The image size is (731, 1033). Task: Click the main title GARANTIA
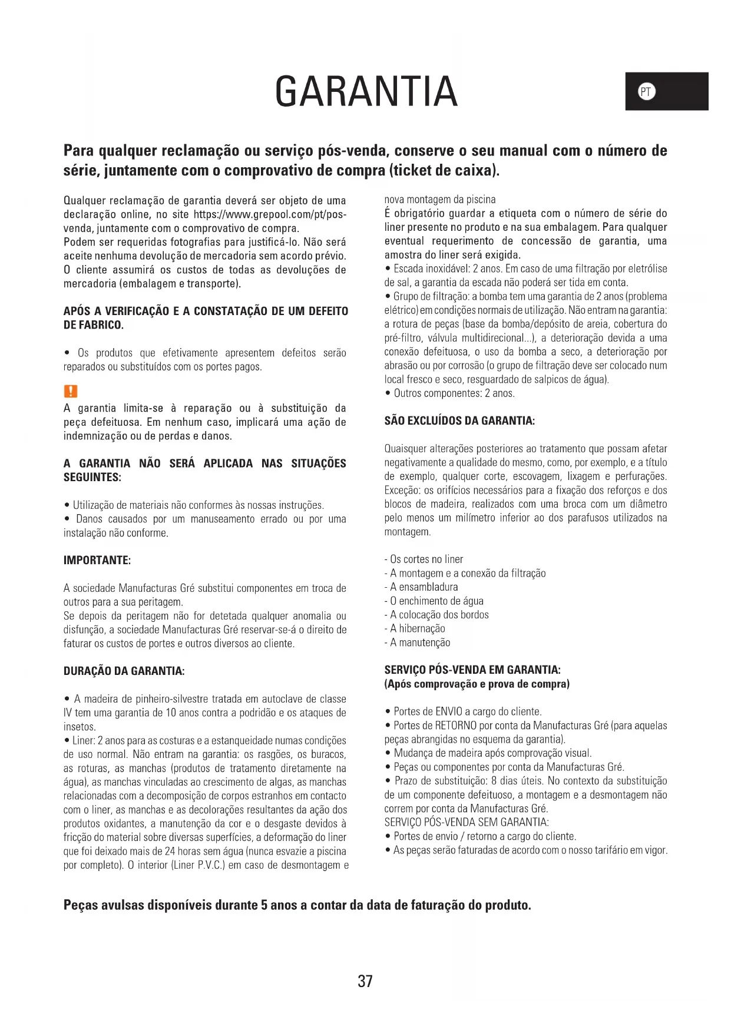[x=366, y=92]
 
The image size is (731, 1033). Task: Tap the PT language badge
[x=646, y=92]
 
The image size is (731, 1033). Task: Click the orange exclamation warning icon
[x=70, y=391]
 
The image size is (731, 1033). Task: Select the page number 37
[x=365, y=981]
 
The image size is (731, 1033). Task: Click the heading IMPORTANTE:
[x=97, y=560]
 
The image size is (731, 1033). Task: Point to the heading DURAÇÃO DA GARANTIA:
[x=124, y=671]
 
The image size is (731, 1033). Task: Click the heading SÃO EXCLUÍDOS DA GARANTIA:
[x=459, y=421]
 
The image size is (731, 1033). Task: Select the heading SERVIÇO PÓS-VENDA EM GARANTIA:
[x=472, y=670]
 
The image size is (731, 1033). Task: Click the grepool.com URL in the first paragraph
[x=270, y=214]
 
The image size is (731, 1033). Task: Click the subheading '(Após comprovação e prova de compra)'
[x=477, y=684]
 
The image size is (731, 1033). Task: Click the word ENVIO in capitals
[x=448, y=711]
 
